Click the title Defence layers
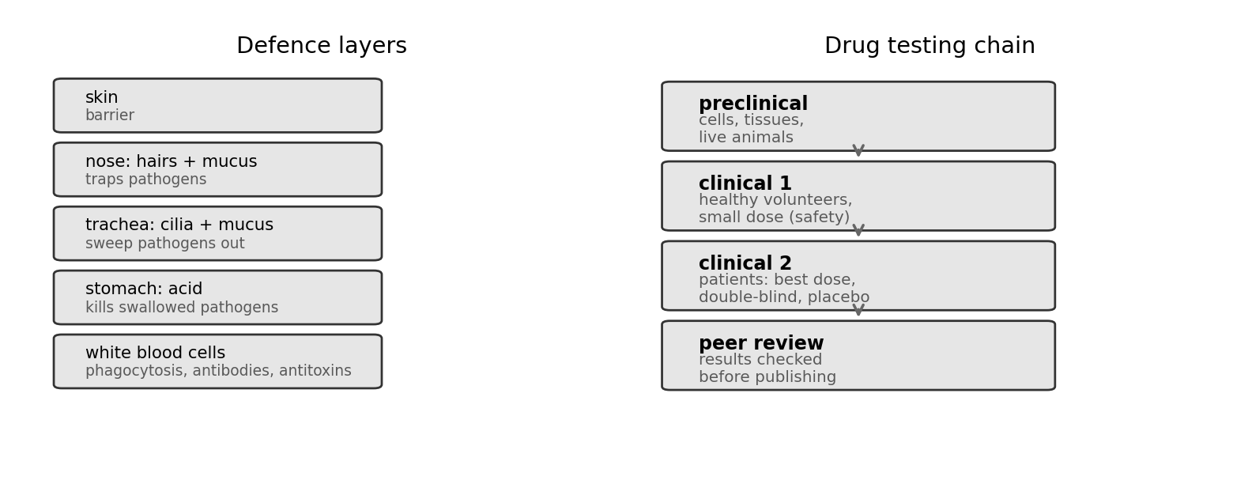click(322, 45)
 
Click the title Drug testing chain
click(930, 45)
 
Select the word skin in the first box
click(102, 97)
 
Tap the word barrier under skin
click(110, 115)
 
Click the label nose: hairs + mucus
click(171, 161)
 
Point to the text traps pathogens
click(146, 180)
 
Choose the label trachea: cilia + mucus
click(179, 225)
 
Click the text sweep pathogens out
click(165, 244)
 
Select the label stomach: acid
click(144, 289)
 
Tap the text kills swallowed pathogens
click(182, 308)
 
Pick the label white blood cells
click(156, 353)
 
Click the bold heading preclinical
click(753, 104)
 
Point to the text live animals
click(745, 137)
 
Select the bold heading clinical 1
click(745, 183)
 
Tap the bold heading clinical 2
click(745, 263)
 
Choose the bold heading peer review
click(761, 343)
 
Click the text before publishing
click(767, 376)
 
